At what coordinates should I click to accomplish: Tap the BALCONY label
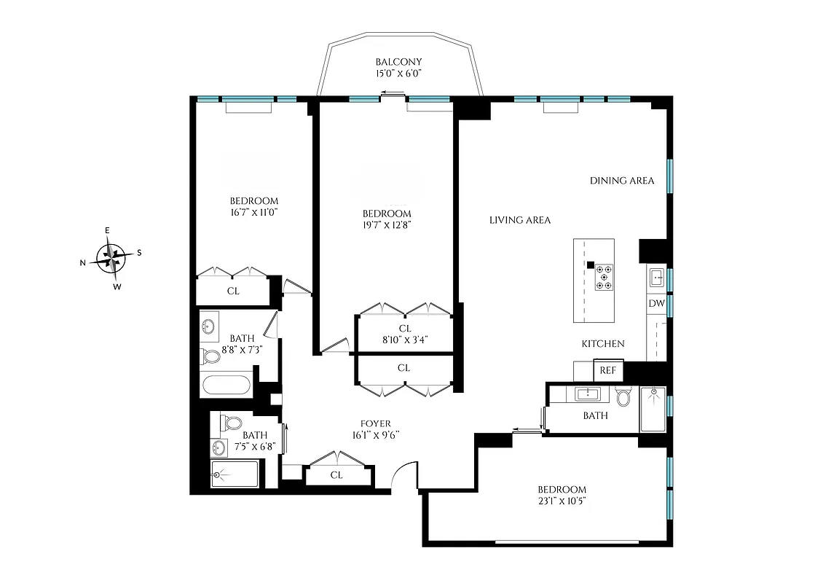pyautogui.click(x=398, y=62)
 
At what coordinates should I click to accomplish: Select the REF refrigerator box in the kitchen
pyautogui.click(x=607, y=370)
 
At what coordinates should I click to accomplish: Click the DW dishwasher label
pyautogui.click(x=655, y=303)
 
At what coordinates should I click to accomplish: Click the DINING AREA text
pyautogui.click(x=622, y=181)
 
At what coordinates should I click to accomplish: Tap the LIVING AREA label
pyautogui.click(x=519, y=220)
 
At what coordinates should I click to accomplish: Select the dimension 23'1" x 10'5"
pyautogui.click(x=562, y=501)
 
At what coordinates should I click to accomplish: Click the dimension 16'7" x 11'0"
pyautogui.click(x=253, y=213)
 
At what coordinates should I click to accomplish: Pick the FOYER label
pyautogui.click(x=376, y=423)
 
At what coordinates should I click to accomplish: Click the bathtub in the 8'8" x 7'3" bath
pyautogui.click(x=227, y=384)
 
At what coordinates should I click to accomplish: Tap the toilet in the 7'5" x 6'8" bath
pyautogui.click(x=232, y=423)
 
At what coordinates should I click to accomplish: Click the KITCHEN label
pyautogui.click(x=602, y=344)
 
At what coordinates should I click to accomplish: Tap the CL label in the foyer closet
pyautogui.click(x=336, y=475)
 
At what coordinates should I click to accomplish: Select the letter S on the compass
pyautogui.click(x=139, y=253)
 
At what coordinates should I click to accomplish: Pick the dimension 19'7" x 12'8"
pyautogui.click(x=387, y=225)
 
